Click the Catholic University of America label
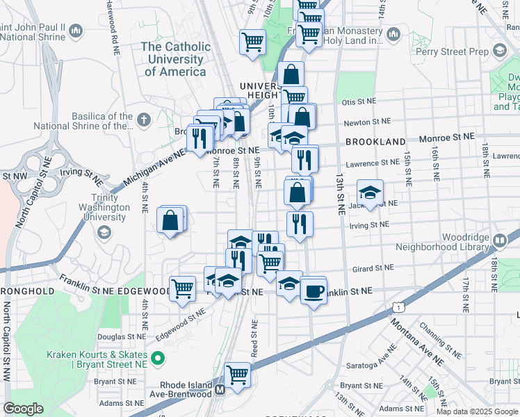click(175, 59)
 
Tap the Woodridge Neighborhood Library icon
click(500, 240)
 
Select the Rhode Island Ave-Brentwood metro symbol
click(220, 389)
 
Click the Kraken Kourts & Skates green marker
click(159, 359)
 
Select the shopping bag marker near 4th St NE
click(171, 220)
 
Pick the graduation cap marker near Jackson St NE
click(370, 193)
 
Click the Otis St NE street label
click(358, 101)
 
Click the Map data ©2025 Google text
click(476, 411)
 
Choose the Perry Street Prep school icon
click(500, 50)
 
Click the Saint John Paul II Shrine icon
click(76, 31)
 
